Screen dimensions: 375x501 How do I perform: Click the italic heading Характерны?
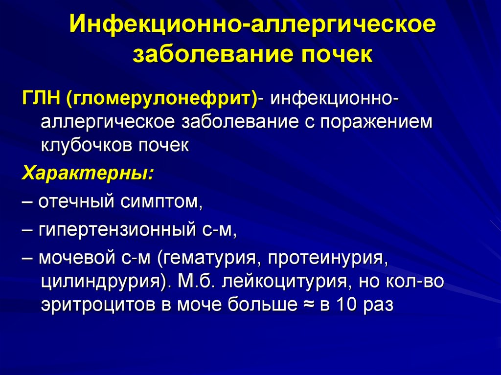88,174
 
